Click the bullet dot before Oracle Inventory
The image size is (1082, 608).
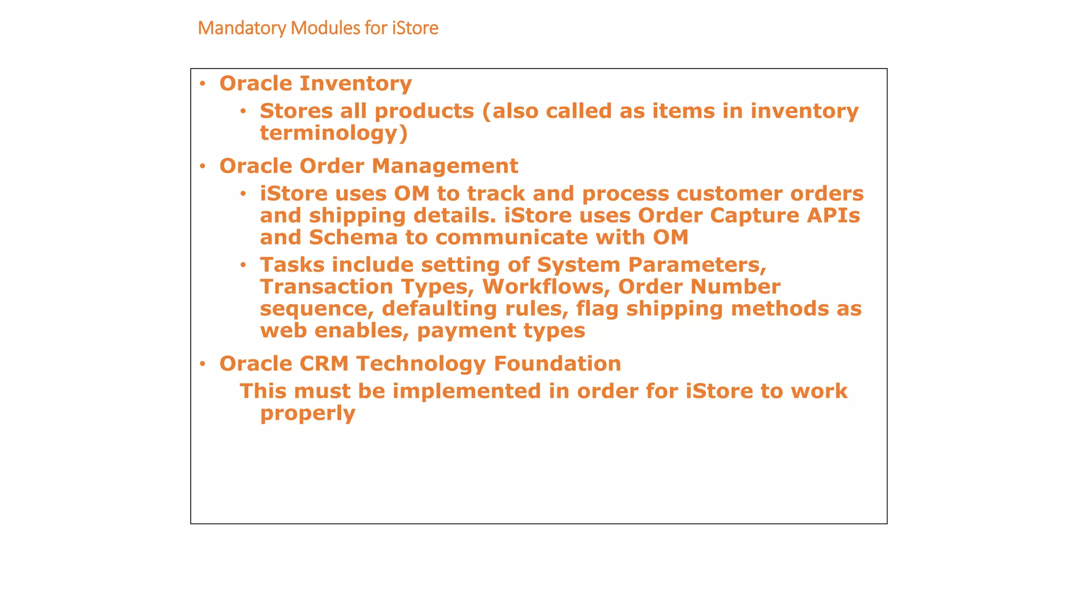[202, 83]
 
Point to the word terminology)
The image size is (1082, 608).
[334, 133]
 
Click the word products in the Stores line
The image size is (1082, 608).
[424, 111]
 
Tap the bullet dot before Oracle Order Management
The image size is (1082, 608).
[202, 166]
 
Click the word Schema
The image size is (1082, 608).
[353, 237]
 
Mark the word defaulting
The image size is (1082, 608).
[439, 309]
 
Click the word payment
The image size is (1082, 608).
[466, 331]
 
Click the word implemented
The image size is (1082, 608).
[467, 391]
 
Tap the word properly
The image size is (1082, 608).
[307, 413]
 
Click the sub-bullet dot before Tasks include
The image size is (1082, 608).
[243, 265]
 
